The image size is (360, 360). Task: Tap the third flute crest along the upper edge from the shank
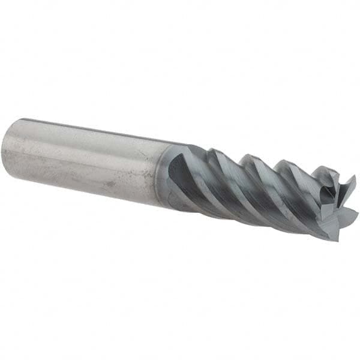(281, 161)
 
